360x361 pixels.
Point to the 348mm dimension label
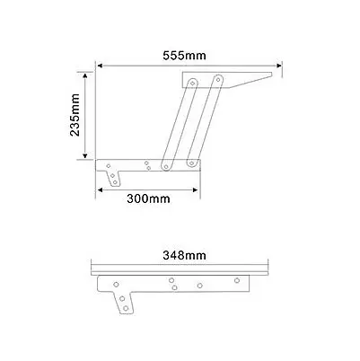tap(182, 255)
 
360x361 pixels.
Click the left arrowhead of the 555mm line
tap(100, 65)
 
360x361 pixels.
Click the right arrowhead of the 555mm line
tap(279, 65)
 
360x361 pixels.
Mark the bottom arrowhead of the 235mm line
tap(87, 160)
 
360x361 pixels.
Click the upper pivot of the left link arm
tap(192, 82)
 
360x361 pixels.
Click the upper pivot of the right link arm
tap(215, 82)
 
